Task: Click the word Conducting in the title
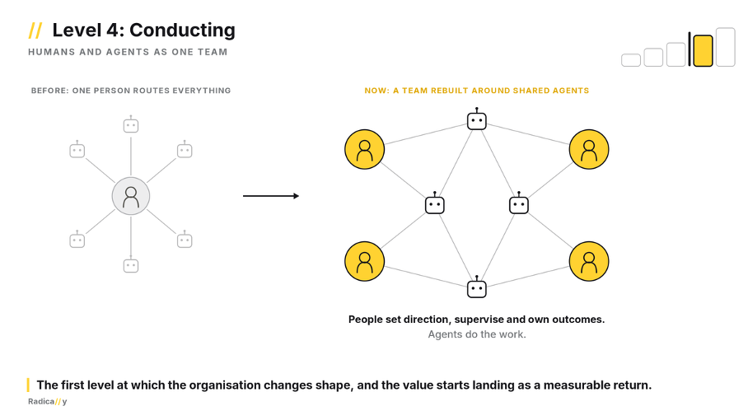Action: click(x=182, y=30)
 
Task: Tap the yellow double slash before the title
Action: click(x=35, y=30)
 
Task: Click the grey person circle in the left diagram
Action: click(x=131, y=196)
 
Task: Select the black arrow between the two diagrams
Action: click(x=271, y=196)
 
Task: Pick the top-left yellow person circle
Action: click(x=364, y=149)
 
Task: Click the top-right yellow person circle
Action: click(x=589, y=149)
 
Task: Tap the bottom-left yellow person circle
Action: click(x=364, y=261)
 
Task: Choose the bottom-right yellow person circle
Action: click(x=589, y=261)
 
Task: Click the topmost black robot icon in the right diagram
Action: click(x=477, y=119)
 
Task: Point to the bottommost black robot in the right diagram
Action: click(x=477, y=287)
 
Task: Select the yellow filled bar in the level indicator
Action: click(x=703, y=50)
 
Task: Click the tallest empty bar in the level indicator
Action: click(x=726, y=47)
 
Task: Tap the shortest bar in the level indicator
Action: click(x=631, y=60)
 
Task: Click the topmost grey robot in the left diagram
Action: click(x=131, y=124)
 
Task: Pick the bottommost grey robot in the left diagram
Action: click(x=131, y=264)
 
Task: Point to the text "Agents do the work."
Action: click(x=477, y=334)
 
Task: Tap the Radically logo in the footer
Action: click(x=47, y=401)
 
